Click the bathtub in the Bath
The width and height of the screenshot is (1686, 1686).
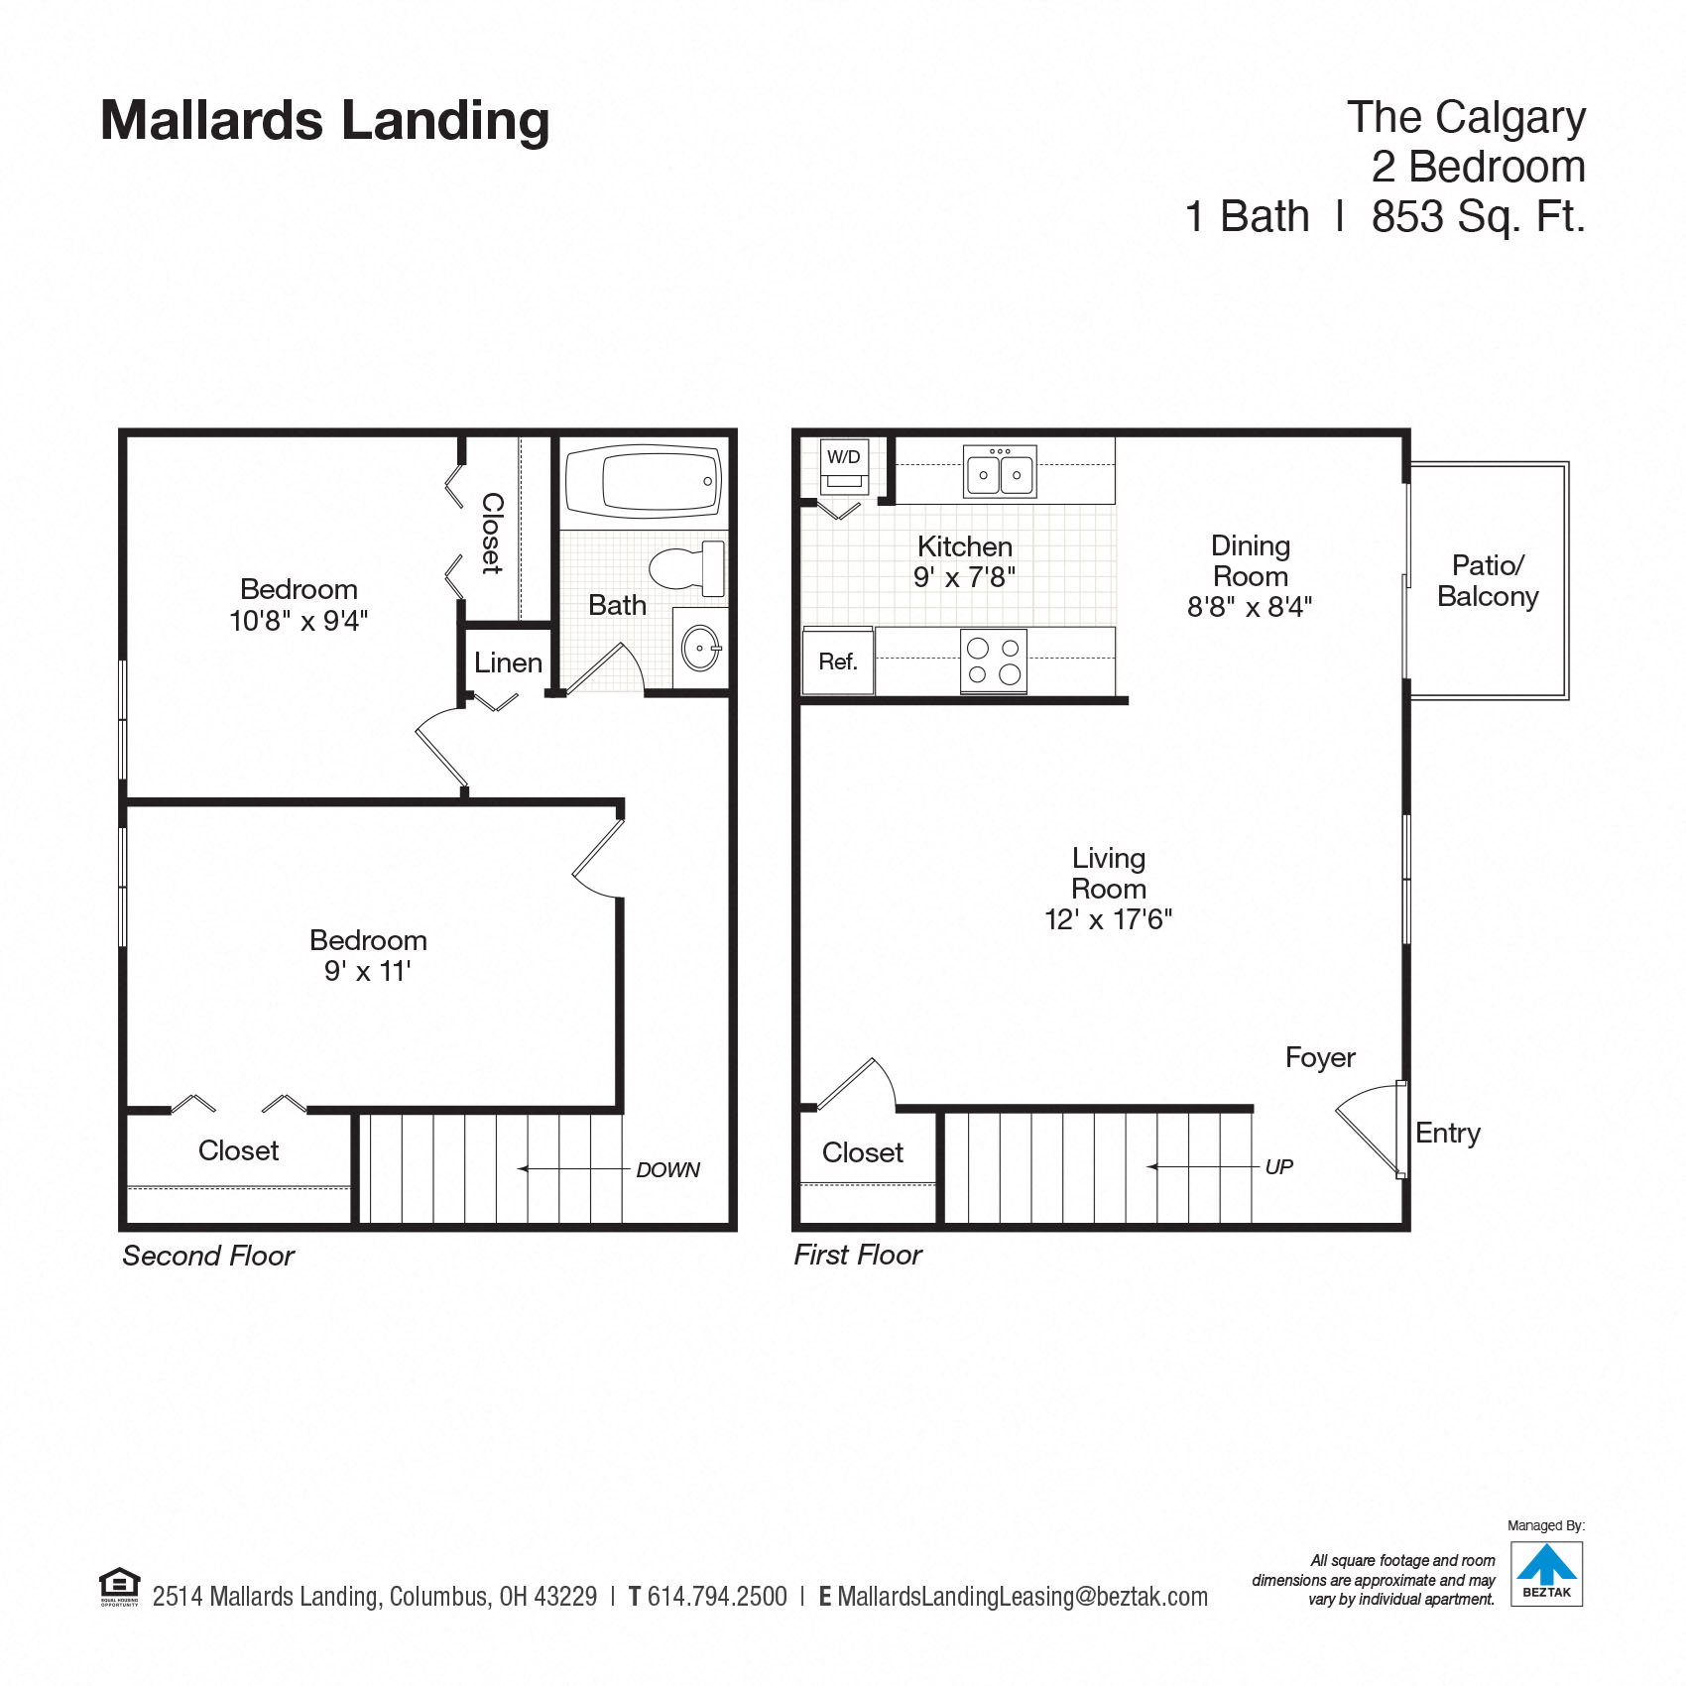click(x=644, y=483)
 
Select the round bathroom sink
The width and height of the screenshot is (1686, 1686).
click(x=701, y=648)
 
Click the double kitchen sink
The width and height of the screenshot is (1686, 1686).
click(x=1000, y=471)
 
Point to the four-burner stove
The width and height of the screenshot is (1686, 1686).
click(x=994, y=662)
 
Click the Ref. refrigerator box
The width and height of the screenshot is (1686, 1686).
click(x=838, y=662)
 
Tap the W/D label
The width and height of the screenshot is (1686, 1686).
click(x=844, y=457)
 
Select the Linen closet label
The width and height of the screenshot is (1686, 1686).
click(x=508, y=662)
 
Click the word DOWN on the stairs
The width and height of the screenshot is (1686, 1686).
click(x=667, y=1170)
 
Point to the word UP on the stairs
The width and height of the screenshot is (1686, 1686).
click(x=1279, y=1167)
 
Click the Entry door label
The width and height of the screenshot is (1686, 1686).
click(x=1448, y=1134)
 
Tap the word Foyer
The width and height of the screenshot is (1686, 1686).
click(x=1320, y=1058)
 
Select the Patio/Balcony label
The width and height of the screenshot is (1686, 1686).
click(x=1488, y=581)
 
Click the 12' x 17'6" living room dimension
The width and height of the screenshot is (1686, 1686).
click(x=1109, y=919)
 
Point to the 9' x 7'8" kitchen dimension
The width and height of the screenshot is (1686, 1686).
click(x=964, y=577)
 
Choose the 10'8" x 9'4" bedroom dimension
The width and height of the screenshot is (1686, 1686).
click(x=299, y=621)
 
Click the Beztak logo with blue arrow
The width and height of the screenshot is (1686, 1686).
click(x=1546, y=1573)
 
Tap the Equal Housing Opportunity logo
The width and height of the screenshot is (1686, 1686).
click(x=120, y=1586)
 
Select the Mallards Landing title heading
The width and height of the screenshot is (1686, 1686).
click(x=325, y=121)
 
